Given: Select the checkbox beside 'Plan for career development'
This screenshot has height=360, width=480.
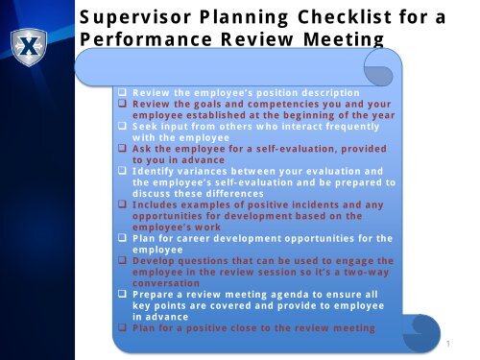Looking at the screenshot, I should click(124, 238).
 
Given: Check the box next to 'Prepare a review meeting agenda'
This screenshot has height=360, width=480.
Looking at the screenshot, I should click(124, 295).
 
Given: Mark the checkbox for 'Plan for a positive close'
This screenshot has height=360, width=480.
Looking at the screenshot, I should click(124, 328).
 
